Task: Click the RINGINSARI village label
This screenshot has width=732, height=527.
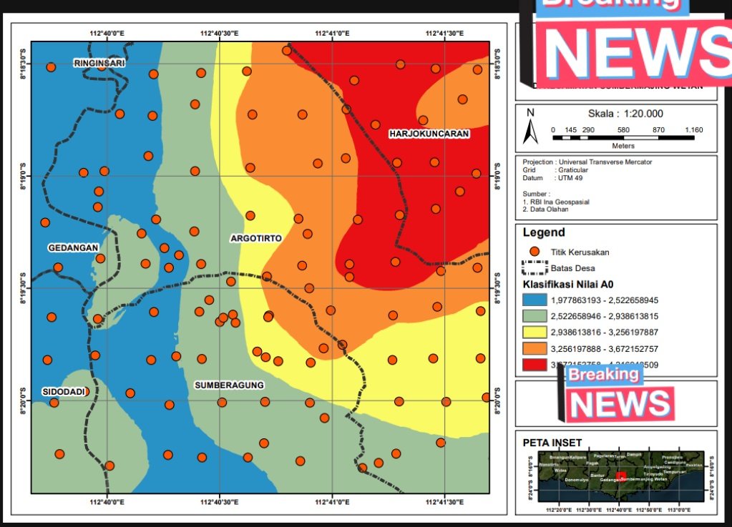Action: click(x=99, y=64)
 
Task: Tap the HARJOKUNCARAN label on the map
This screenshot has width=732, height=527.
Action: click(x=429, y=134)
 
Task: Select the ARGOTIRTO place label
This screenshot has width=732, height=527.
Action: click(x=256, y=237)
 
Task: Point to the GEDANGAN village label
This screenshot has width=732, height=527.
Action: click(x=73, y=247)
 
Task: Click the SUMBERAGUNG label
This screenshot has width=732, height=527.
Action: click(x=230, y=385)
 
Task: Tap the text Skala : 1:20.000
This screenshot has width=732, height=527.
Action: click(x=625, y=114)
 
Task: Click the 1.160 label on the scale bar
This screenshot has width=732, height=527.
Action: click(x=693, y=129)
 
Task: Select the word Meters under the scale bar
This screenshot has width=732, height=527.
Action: click(x=623, y=146)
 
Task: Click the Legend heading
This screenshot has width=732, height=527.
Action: click(x=544, y=232)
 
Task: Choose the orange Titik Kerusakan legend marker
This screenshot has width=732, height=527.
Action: click(x=534, y=252)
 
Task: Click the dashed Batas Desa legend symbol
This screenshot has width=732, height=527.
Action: click(x=534, y=269)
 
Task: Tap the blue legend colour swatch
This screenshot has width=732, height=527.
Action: click(x=534, y=300)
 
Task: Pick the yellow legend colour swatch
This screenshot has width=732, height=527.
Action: click(x=534, y=331)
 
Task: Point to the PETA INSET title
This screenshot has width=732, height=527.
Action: click(x=552, y=443)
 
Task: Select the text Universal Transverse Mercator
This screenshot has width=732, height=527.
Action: click(x=603, y=162)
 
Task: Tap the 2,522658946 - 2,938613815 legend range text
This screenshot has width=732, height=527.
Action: click(x=604, y=315)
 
